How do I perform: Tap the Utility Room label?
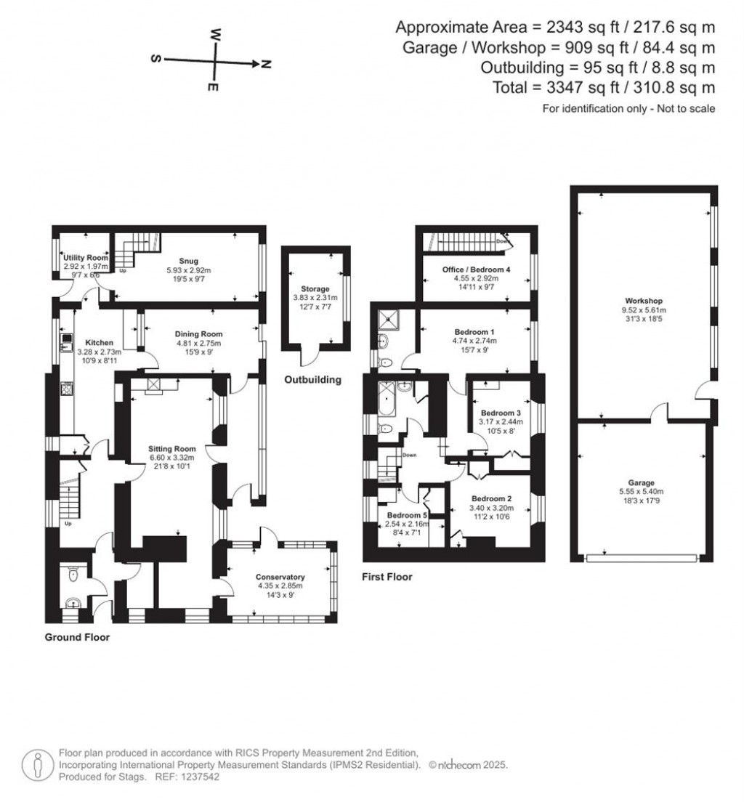85,258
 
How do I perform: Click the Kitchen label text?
100,342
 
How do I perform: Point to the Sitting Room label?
169,449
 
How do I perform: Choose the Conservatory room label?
279,577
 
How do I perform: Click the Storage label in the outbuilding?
315,289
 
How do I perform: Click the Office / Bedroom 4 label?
476,270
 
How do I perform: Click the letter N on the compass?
266,65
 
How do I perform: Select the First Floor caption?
387,577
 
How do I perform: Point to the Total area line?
623,87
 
